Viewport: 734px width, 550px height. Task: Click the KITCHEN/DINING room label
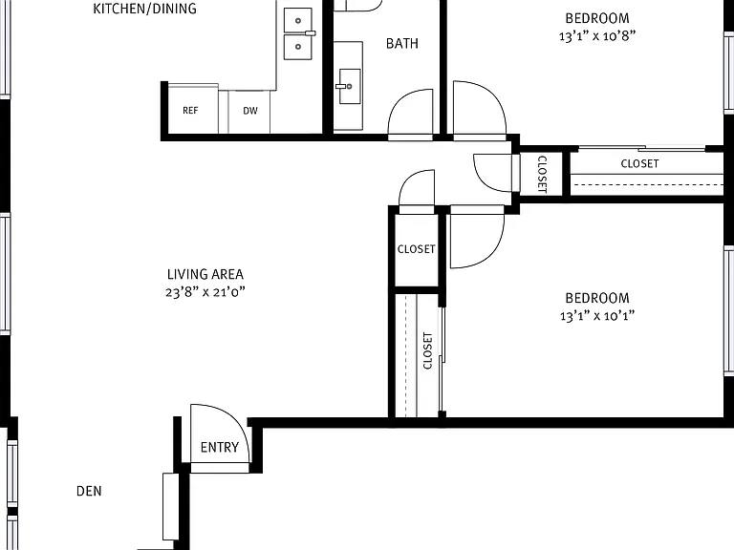(x=144, y=9)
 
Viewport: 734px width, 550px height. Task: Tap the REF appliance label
(x=190, y=111)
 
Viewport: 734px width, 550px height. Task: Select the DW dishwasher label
(x=250, y=111)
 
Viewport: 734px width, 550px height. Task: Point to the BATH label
(x=402, y=44)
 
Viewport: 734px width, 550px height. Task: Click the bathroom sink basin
(x=350, y=86)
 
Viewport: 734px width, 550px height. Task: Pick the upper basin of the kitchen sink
(x=298, y=21)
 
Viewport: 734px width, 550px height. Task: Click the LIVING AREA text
(x=205, y=274)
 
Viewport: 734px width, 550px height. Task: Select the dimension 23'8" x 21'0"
(x=205, y=292)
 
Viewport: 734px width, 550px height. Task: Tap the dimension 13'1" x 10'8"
(x=597, y=36)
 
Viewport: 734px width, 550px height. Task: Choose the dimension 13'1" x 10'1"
(x=597, y=316)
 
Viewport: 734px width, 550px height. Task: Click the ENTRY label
(x=220, y=448)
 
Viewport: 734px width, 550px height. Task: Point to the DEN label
(x=89, y=491)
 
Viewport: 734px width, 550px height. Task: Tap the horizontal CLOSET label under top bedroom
(x=639, y=163)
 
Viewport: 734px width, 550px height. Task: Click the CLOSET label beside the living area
(x=416, y=249)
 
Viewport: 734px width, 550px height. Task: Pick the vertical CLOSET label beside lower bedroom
(x=428, y=350)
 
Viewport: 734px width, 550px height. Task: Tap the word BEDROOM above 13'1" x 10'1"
(x=597, y=298)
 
